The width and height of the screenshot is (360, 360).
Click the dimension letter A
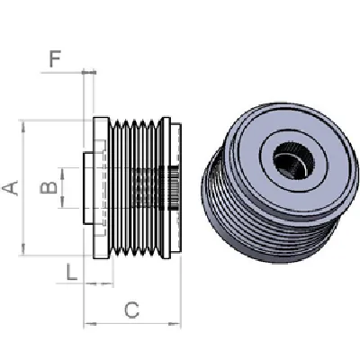tap(10, 187)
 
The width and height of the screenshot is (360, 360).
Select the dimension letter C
tap(131, 310)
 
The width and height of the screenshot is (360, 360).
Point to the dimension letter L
tap(71, 272)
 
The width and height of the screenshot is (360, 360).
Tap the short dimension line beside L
tap(98, 283)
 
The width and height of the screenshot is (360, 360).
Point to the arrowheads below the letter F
tap(88, 71)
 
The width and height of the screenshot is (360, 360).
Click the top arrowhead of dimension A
tap(23, 122)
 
